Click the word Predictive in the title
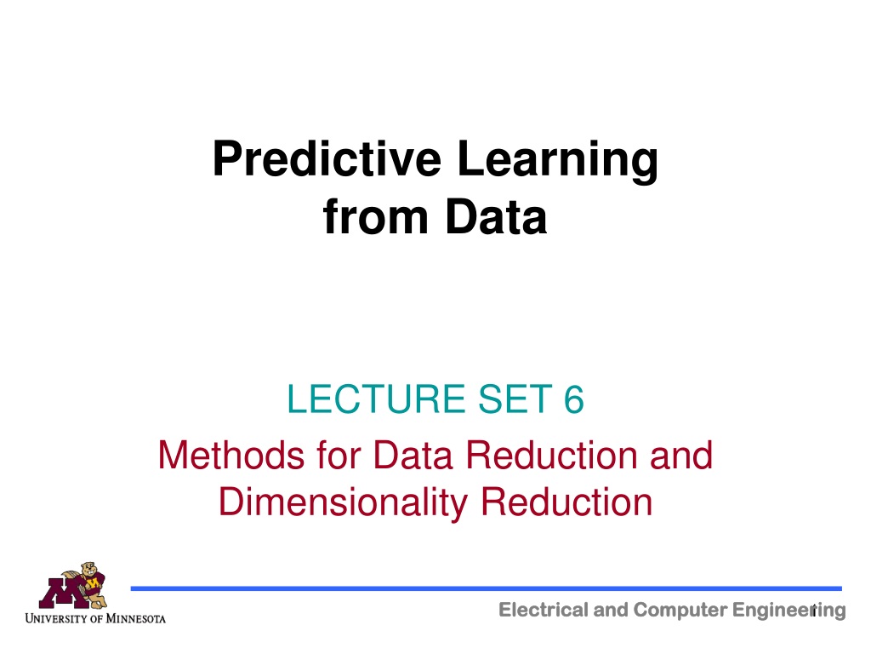tap(327, 158)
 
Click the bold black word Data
tap(496, 216)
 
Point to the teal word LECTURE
tap(376, 399)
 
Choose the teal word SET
tap(515, 399)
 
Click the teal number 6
tap(574, 399)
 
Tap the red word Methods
tap(231, 455)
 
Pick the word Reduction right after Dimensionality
tap(566, 502)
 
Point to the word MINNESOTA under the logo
tap(135, 618)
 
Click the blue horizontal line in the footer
tap(486, 588)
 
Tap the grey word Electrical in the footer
tap(544, 610)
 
